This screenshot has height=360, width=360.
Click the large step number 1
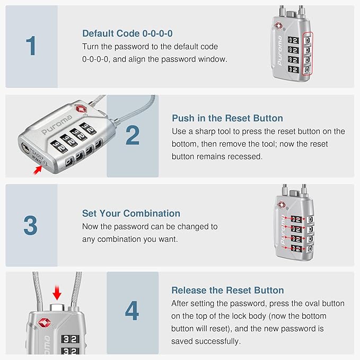[x=31, y=46]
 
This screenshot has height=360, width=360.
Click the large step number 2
[x=132, y=136]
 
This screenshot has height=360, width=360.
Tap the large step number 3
[x=31, y=225]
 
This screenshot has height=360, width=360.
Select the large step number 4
[x=132, y=312]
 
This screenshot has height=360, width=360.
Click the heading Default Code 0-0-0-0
[x=127, y=33]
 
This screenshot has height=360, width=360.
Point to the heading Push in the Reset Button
[x=227, y=118]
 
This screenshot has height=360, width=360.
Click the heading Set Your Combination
[x=131, y=214]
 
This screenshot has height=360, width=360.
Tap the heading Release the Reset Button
[x=227, y=290]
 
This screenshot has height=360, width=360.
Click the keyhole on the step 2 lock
[x=24, y=147]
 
